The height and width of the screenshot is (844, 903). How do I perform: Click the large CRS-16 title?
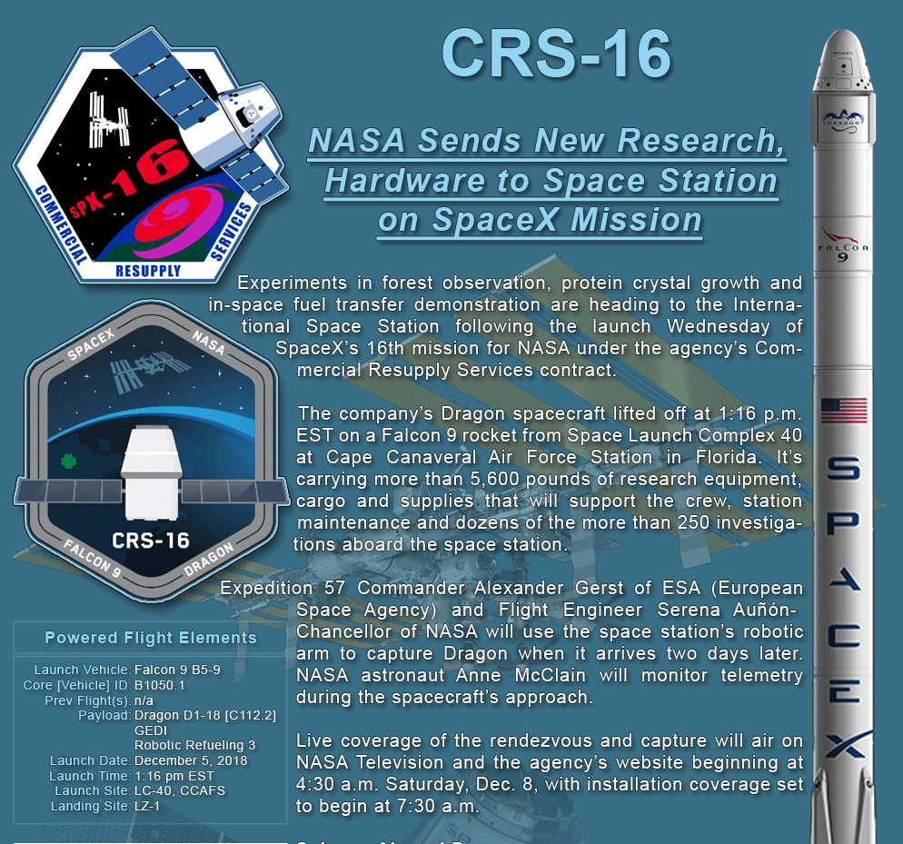[556, 54]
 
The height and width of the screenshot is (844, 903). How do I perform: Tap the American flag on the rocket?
[844, 411]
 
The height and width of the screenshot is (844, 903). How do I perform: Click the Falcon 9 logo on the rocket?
[842, 245]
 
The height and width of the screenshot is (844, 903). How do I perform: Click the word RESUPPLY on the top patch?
[148, 271]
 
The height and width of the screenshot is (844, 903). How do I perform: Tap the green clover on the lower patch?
[68, 461]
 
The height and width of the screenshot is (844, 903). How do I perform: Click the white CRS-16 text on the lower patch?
[150, 541]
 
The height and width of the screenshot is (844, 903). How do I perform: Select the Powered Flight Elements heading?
[150, 638]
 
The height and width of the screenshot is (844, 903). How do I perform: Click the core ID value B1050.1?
[160, 685]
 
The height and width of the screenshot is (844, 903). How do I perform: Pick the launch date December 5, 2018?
[191, 760]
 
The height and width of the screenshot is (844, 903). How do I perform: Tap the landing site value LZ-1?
[147, 806]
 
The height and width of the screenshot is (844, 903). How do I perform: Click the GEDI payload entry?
[150, 730]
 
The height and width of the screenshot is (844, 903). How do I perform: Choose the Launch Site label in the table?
[93, 790]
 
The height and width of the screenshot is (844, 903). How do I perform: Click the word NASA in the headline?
[356, 141]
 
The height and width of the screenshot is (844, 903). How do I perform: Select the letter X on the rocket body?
[844, 744]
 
